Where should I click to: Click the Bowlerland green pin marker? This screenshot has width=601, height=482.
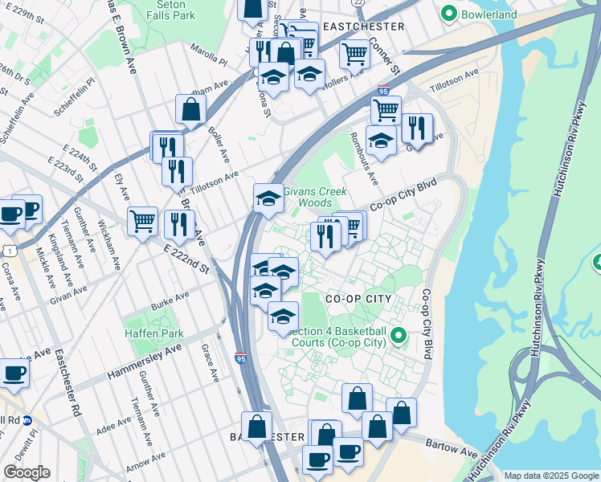(x=448, y=14)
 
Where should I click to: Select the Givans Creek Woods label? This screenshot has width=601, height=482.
(x=316, y=197)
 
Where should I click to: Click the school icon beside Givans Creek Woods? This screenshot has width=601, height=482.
(x=268, y=199)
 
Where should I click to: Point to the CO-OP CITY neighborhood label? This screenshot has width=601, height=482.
(x=358, y=299)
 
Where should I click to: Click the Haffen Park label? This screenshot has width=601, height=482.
(x=153, y=333)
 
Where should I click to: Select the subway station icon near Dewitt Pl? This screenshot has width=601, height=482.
(x=27, y=420)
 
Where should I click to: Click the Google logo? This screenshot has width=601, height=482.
(x=27, y=472)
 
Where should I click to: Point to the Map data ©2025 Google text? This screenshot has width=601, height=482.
(x=550, y=476)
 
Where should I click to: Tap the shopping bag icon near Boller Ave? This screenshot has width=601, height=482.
(x=191, y=109)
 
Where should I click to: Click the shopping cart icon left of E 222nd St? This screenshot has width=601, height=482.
(x=142, y=219)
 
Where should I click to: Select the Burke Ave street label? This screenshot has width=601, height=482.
(x=170, y=300)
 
